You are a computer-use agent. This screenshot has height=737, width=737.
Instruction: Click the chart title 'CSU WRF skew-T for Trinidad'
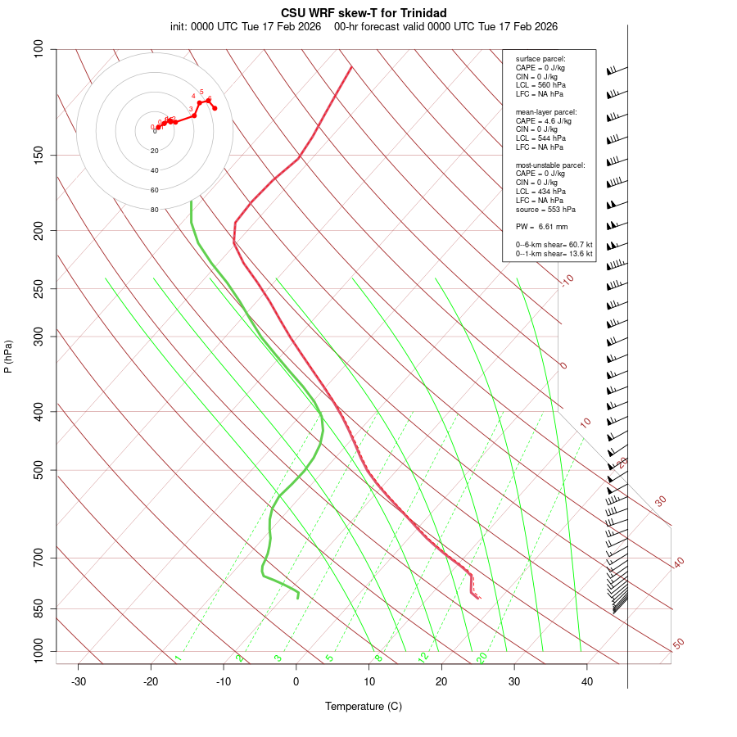(x=364, y=13)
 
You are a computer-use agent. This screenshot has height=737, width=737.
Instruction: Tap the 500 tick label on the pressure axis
(x=38, y=470)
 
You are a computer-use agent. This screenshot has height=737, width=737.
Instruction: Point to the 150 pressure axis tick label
(x=38, y=155)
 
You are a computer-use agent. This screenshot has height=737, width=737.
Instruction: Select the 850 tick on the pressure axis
(x=38, y=608)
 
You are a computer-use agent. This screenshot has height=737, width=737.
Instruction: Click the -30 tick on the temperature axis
(x=79, y=681)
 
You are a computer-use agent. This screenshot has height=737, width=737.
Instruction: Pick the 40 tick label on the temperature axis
(x=587, y=681)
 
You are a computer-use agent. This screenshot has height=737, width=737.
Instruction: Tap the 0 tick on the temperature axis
(x=296, y=681)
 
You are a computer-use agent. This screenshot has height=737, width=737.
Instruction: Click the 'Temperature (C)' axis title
(x=364, y=706)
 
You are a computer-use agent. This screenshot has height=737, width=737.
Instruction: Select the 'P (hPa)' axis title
(x=9, y=356)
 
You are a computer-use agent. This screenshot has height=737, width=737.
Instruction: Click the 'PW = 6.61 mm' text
(x=541, y=227)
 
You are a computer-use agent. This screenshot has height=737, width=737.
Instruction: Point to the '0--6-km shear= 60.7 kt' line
(x=554, y=245)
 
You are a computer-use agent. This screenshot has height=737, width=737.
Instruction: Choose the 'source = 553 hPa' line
(x=543, y=209)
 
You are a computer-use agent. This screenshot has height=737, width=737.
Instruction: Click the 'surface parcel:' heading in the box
(x=540, y=59)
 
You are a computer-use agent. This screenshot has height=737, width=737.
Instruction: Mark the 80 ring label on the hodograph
(x=154, y=210)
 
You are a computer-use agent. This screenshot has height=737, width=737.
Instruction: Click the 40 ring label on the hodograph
(x=154, y=170)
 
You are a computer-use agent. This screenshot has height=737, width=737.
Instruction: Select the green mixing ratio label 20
(x=482, y=657)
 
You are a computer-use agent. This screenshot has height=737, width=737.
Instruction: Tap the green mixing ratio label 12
(x=423, y=657)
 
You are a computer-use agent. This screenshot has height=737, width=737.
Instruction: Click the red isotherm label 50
(x=678, y=644)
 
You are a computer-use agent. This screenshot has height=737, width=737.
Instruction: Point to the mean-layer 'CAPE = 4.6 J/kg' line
(x=545, y=120)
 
